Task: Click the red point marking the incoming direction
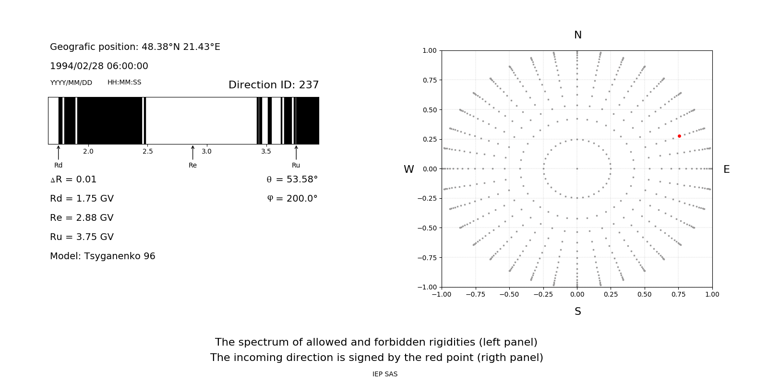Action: click(679, 136)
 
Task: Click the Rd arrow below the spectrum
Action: click(59, 152)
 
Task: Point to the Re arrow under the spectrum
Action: click(192, 152)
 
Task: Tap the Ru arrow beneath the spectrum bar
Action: click(296, 152)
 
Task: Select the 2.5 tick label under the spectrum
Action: click(147, 152)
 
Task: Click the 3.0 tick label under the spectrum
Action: click(206, 152)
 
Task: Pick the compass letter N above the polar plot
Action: click(578, 35)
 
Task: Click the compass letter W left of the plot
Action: click(408, 169)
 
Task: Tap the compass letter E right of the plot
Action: click(726, 169)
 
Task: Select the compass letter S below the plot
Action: click(578, 312)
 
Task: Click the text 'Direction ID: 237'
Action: click(274, 85)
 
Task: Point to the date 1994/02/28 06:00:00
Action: click(99, 66)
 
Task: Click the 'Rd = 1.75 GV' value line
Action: click(82, 199)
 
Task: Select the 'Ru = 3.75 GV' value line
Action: click(82, 237)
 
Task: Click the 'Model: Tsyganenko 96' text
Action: click(103, 256)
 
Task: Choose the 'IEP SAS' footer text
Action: click(385, 374)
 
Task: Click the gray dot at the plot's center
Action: click(577, 168)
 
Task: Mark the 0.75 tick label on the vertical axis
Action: click(429, 80)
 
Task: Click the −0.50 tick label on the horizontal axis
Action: click(509, 294)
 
